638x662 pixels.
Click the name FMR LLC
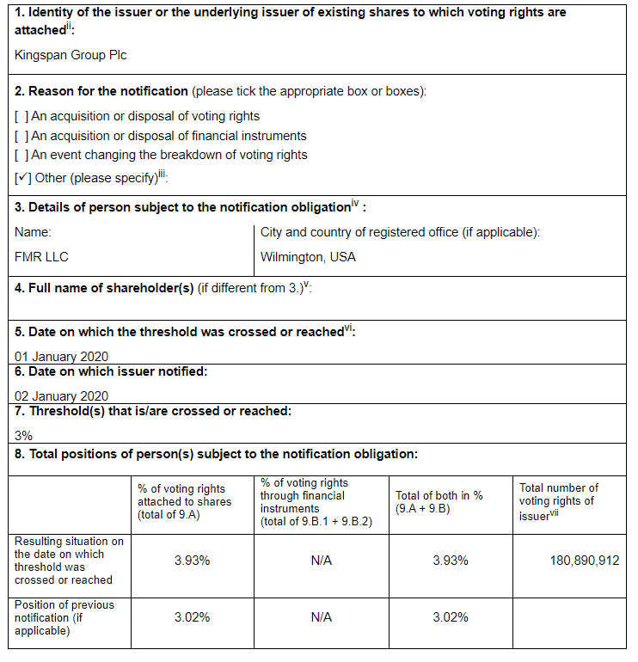(x=41, y=256)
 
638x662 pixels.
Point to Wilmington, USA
(x=308, y=256)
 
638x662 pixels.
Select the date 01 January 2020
(x=62, y=356)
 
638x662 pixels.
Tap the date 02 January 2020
(x=62, y=396)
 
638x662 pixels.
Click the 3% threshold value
(x=24, y=436)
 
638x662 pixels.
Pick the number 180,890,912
(x=585, y=561)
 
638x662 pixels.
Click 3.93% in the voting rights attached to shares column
(x=192, y=561)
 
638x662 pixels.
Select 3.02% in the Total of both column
(x=451, y=617)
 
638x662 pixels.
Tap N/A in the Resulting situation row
(x=322, y=561)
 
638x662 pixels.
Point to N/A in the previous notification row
(x=322, y=617)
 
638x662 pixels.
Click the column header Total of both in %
(x=439, y=502)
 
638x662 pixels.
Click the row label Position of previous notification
(x=64, y=617)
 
